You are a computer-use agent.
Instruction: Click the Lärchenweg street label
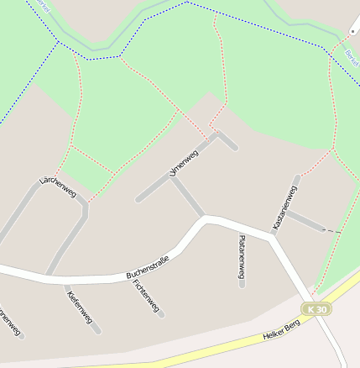coord(57,187)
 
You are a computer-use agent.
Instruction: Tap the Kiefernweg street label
coord(79,307)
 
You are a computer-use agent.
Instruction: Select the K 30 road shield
coord(317,309)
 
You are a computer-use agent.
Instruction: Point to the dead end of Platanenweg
coord(242,286)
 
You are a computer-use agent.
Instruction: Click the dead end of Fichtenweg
coord(162,316)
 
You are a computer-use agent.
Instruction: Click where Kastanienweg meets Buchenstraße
coord(271,236)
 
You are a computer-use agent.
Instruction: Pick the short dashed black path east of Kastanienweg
coord(332,230)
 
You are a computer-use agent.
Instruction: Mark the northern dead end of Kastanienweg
coord(297,177)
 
